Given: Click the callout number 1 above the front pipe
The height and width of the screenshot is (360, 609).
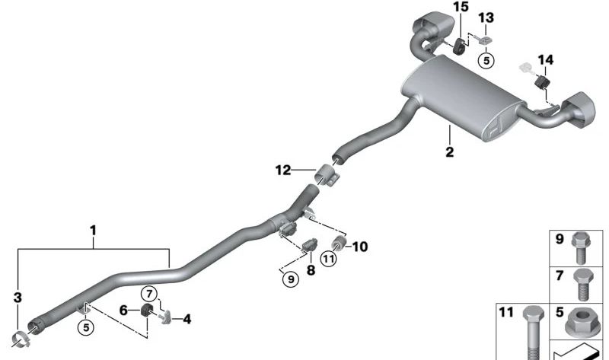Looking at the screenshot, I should (x=93, y=229).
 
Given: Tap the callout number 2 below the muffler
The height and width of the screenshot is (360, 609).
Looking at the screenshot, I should (x=450, y=152).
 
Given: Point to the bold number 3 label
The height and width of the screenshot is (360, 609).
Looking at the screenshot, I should (x=18, y=297).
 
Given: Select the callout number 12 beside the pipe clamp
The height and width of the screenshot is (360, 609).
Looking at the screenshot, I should (x=283, y=171).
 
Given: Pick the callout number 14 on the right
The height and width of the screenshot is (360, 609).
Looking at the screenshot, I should (x=546, y=59).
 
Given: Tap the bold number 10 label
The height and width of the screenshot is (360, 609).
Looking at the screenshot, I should (x=359, y=247).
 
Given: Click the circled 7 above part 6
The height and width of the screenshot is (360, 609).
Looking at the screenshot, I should (x=150, y=293).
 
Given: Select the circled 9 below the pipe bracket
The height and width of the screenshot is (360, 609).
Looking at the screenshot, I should (x=289, y=280).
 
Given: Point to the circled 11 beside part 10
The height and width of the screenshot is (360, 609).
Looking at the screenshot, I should (x=328, y=259).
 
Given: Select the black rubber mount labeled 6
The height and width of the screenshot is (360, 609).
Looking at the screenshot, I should (x=148, y=312).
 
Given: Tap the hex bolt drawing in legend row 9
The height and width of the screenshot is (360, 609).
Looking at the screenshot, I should (x=583, y=244).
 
